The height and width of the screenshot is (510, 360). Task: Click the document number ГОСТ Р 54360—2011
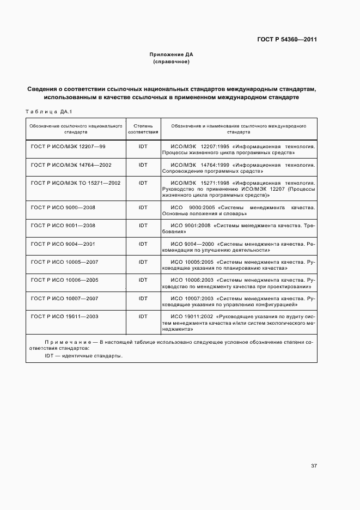286,39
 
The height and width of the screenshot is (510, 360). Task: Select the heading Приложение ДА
172,55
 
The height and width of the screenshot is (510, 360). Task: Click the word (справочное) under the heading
172,62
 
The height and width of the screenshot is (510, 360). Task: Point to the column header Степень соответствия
143,129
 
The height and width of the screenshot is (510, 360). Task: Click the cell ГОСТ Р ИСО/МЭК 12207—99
68,147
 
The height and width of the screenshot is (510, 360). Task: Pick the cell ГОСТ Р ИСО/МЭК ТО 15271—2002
76,183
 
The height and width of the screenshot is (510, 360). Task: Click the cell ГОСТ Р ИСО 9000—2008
64,208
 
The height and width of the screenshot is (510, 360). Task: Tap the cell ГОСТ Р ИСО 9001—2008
64,226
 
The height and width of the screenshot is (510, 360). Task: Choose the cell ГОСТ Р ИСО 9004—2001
64,244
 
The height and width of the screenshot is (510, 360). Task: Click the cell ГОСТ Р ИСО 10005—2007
65,262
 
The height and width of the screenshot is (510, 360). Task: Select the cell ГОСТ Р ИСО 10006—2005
65,280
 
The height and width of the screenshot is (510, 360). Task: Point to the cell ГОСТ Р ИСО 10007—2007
65,298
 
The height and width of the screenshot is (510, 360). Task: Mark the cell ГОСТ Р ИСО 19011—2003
65,316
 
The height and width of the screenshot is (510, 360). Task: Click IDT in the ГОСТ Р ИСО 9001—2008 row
143,226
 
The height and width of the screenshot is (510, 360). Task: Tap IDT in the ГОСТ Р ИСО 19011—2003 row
143,316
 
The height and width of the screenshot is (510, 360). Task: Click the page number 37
314,466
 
